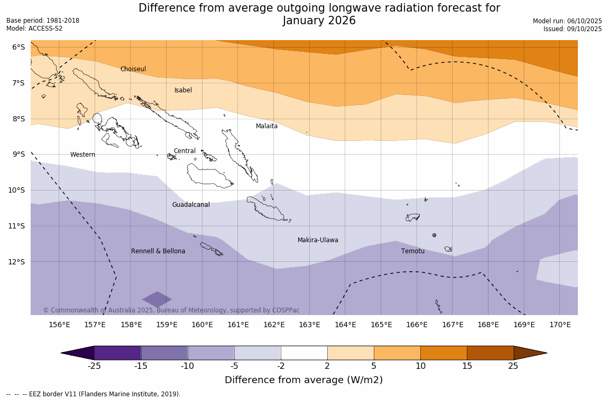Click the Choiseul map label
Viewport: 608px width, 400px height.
pyautogui.click(x=133, y=69)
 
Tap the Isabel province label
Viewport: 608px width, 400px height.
pyautogui.click(x=183, y=90)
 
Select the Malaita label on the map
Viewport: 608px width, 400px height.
pyautogui.click(x=266, y=126)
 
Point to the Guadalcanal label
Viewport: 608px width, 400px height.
pyautogui.click(x=191, y=205)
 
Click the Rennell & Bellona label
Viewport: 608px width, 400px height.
pyautogui.click(x=158, y=251)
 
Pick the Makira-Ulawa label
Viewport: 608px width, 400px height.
pyautogui.click(x=318, y=240)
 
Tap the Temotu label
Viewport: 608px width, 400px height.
pyautogui.click(x=412, y=251)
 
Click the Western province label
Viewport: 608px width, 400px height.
pyautogui.click(x=82, y=155)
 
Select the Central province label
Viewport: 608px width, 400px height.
pyautogui.click(x=185, y=151)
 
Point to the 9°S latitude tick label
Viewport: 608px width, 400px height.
pyautogui.click(x=19, y=154)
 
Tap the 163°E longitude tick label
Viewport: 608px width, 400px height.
pyautogui.click(x=309, y=325)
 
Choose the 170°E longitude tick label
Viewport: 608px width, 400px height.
pyautogui.click(x=560, y=325)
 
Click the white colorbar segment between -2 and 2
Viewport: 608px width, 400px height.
pyautogui.click(x=304, y=353)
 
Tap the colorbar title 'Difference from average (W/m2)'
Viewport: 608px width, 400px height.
pyautogui.click(x=303, y=380)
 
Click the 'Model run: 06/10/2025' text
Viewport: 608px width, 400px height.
pyautogui.click(x=567, y=21)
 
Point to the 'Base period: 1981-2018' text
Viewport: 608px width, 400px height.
pyautogui.click(x=43, y=21)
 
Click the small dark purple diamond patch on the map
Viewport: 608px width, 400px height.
pyautogui.click(x=157, y=299)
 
